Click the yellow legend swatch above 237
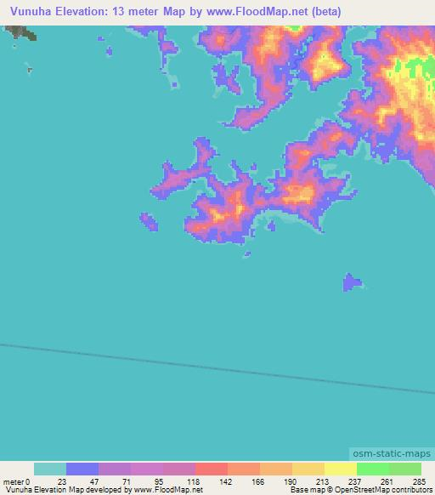coord(340,469)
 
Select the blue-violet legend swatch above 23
coord(82,469)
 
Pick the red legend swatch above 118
coord(211,469)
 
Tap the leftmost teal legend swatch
coord(50,469)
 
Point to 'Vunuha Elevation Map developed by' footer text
coord(63,490)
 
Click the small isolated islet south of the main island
coord(352,282)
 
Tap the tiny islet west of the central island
coord(149,222)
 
